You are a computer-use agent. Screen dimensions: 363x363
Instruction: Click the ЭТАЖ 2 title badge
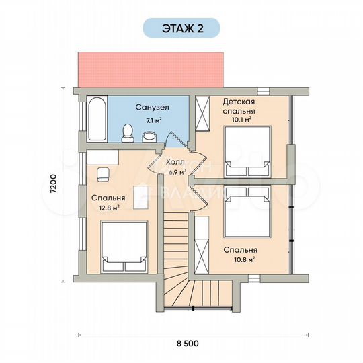182,28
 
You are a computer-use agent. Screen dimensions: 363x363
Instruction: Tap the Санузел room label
153,107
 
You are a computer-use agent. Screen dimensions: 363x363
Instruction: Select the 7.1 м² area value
153,120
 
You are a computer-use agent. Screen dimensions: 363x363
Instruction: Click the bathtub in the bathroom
97,119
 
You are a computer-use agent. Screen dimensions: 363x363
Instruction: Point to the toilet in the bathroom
128,133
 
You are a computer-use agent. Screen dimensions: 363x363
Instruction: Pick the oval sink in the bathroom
149,137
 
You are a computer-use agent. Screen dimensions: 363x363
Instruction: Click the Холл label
175,162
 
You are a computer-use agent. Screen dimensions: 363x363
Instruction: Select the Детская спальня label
239,106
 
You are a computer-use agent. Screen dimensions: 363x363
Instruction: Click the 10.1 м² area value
241,120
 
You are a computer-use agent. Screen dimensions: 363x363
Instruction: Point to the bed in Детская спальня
247,152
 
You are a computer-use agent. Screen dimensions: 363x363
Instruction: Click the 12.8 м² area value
110,208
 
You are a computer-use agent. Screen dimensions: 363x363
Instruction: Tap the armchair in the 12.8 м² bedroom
103,175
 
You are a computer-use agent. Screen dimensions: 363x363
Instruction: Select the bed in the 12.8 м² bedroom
124,247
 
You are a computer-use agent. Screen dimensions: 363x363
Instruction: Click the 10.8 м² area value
245,259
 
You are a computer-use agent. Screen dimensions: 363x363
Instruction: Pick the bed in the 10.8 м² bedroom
247,212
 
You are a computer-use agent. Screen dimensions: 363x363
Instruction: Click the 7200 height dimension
53,184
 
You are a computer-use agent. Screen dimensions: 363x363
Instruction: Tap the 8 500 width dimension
188,344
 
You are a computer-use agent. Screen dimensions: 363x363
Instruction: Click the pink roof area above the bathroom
151,70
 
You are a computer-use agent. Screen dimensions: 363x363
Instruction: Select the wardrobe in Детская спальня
202,114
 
